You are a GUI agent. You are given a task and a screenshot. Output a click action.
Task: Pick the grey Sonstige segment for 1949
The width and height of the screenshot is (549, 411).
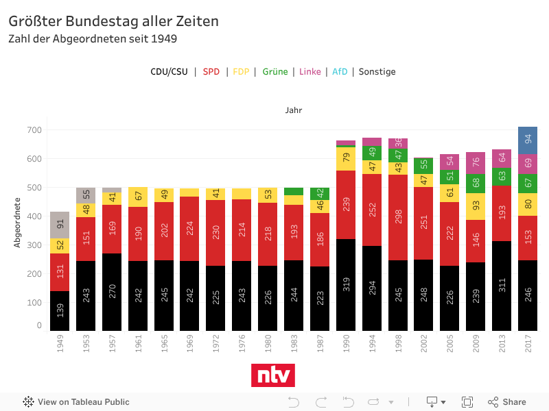60,225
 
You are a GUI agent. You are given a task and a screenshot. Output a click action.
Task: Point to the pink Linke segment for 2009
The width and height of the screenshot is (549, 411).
476,163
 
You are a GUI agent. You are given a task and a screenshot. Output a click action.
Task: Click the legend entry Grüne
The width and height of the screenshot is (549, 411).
274,72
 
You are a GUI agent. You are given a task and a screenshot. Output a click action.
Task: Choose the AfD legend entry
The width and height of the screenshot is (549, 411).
340,72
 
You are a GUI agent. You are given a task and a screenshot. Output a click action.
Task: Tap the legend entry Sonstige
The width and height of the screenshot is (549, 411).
377,72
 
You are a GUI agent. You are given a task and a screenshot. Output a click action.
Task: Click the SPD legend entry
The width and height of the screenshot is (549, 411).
211,72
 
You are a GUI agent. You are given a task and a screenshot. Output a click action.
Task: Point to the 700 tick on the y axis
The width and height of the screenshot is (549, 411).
34,130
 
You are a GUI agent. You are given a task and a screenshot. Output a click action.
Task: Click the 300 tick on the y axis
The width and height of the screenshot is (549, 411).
34,245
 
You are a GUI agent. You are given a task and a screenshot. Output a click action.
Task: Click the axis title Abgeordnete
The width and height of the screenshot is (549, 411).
19,222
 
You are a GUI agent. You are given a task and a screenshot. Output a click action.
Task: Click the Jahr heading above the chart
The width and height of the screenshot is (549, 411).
294,110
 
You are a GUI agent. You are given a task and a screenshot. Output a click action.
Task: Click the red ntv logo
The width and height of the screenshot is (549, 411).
274,375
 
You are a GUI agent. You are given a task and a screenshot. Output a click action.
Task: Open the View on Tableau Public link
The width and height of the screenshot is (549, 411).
76,402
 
